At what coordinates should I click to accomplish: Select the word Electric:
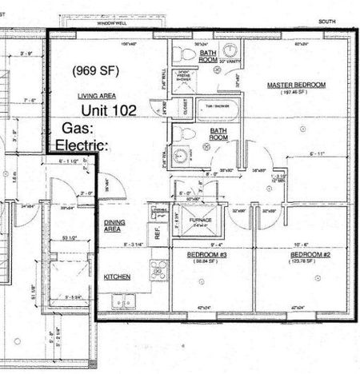click(x=81, y=145)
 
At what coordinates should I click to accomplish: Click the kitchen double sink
click(x=123, y=302)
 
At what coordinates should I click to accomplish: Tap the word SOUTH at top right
click(x=326, y=22)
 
